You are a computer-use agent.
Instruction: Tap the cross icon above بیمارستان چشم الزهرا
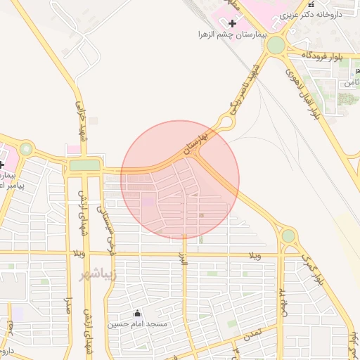233,23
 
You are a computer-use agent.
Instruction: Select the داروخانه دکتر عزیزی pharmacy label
317,13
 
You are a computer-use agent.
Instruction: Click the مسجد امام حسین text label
136,324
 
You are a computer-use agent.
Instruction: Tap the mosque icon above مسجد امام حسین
136,314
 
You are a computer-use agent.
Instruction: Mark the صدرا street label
69,307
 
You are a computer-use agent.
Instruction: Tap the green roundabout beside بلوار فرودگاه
276,46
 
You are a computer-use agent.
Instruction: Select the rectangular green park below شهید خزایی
85,165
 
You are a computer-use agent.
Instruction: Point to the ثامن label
349,83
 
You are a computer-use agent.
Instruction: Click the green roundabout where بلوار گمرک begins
288,236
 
